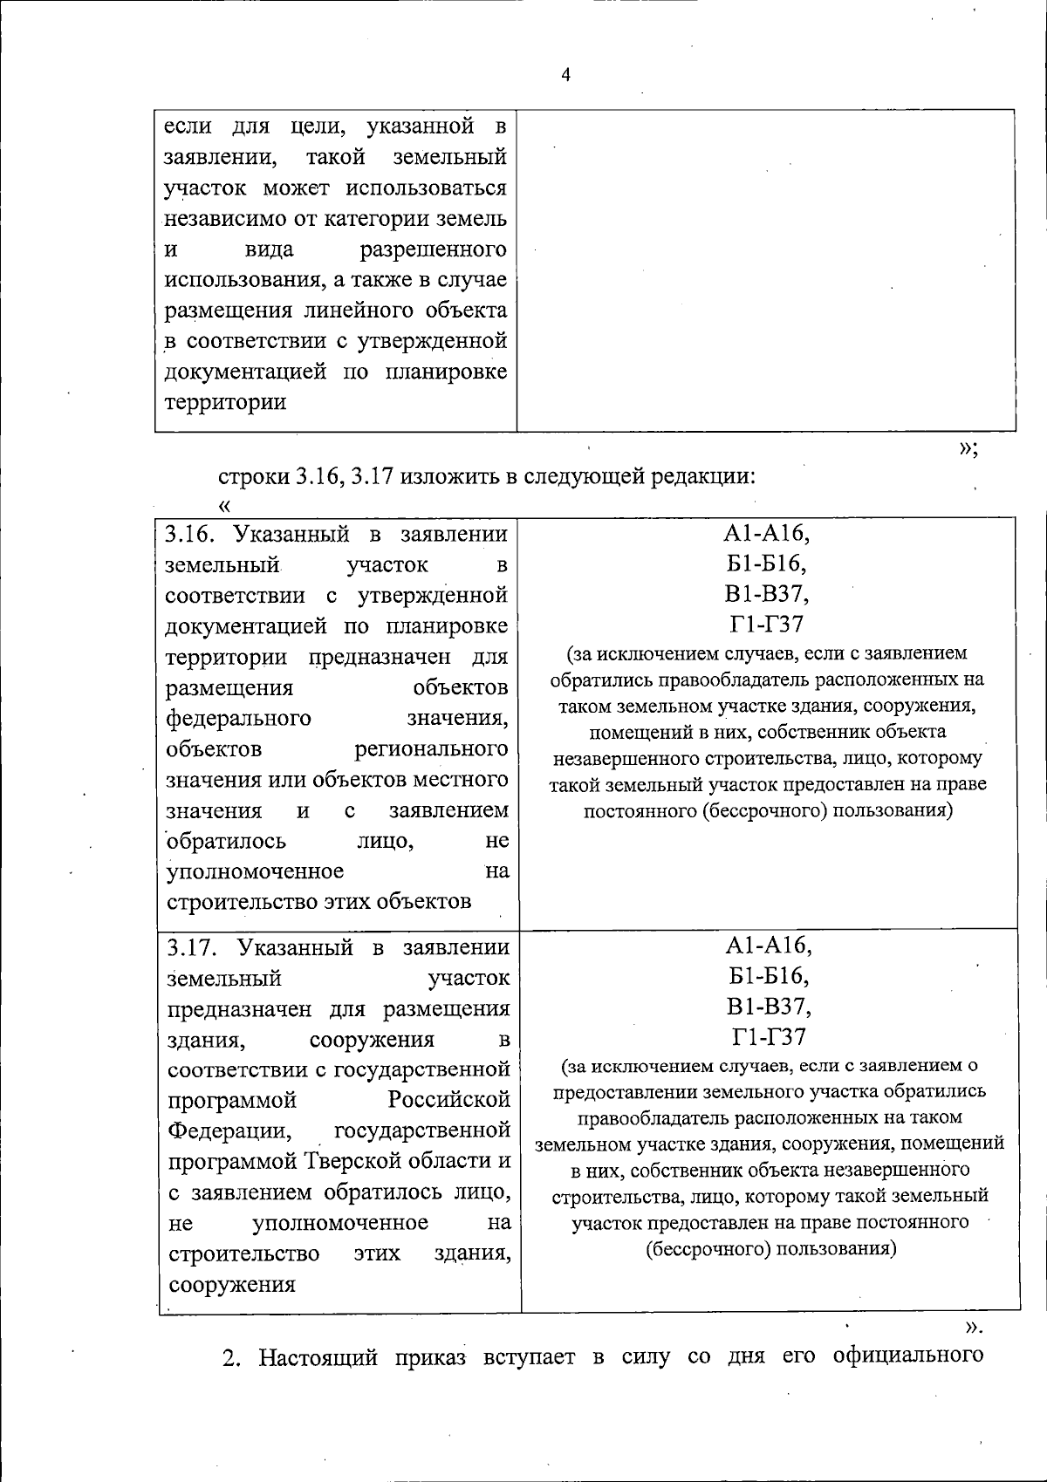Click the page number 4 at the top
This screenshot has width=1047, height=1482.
pos(565,75)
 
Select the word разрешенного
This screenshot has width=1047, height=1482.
pos(433,249)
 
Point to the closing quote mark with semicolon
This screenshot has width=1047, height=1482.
pos(968,448)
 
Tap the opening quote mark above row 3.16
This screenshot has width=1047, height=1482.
pos(225,504)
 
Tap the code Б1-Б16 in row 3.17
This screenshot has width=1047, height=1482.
pos(768,976)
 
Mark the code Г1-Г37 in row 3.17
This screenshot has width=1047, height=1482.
pos(768,1037)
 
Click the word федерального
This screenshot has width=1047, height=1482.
pos(238,718)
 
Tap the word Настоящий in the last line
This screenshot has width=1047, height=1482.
pos(318,1358)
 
